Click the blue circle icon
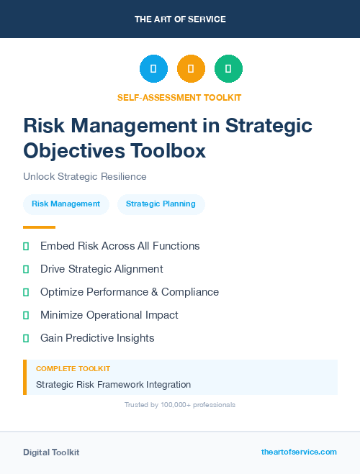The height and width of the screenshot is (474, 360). [x=153, y=68]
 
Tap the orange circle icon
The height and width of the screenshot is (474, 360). [x=191, y=68]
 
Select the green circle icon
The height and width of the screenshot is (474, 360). [x=228, y=68]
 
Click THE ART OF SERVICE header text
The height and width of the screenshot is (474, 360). [x=180, y=19]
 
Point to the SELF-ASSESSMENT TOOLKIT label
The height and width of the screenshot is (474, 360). [x=179, y=97]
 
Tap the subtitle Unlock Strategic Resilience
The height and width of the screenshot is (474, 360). [x=85, y=176]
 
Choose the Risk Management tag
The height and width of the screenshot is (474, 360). [x=66, y=204]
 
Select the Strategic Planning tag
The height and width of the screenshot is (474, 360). [x=161, y=204]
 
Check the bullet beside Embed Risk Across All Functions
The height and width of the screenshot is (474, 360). [x=26, y=246]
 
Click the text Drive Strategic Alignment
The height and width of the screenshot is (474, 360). [x=102, y=269]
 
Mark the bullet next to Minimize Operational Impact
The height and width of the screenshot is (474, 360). [x=26, y=315]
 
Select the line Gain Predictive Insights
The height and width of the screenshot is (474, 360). [x=97, y=338]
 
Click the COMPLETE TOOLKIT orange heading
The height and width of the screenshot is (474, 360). [x=73, y=368]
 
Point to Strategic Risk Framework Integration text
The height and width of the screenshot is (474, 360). [x=113, y=385]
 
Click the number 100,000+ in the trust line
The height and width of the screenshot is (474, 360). [x=170, y=405]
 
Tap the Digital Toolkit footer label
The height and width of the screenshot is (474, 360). [x=51, y=452]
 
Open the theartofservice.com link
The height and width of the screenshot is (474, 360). [x=299, y=452]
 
